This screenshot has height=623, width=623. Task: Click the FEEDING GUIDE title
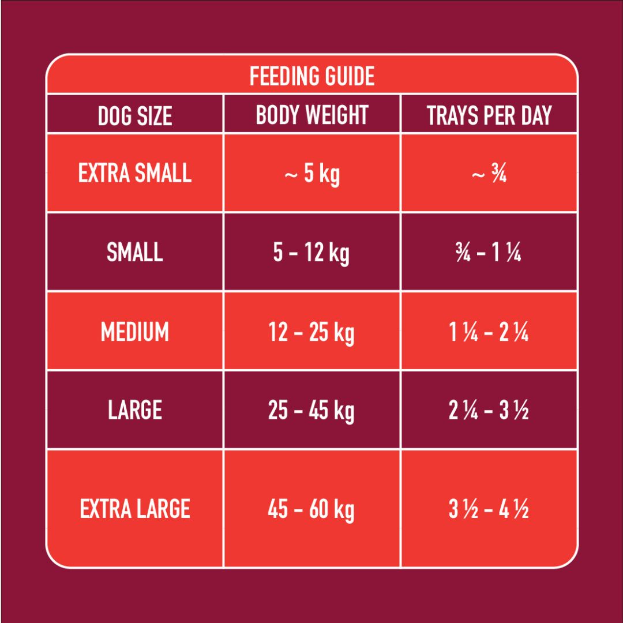312,76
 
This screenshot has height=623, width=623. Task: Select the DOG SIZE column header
135,116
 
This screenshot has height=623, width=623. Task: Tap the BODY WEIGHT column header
312,115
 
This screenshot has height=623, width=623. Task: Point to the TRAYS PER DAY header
489,115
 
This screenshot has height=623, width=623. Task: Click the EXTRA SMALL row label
135,173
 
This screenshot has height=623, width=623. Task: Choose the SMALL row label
135,252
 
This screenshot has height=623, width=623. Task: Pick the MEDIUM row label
135,332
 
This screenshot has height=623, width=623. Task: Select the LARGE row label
135,410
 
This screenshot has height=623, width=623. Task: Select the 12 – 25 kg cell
312,333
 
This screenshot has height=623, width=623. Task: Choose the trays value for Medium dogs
489,333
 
